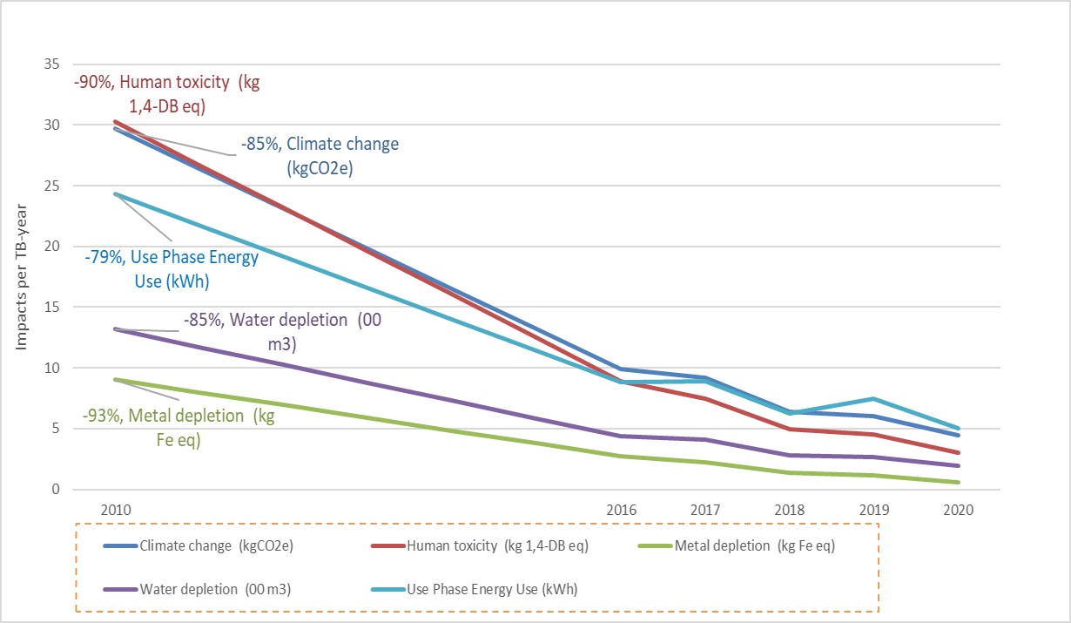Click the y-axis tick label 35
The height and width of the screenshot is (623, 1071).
(53, 64)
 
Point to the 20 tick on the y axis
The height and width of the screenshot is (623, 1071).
(53, 247)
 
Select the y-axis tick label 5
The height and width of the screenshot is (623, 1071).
(57, 429)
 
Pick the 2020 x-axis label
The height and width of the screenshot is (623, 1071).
(958, 509)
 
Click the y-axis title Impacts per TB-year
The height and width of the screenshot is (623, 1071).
(21, 277)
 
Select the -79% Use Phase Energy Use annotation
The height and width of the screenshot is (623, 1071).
(172, 268)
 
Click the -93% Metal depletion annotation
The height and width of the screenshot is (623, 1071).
(178, 427)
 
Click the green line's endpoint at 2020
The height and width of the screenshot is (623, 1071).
(959, 482)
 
